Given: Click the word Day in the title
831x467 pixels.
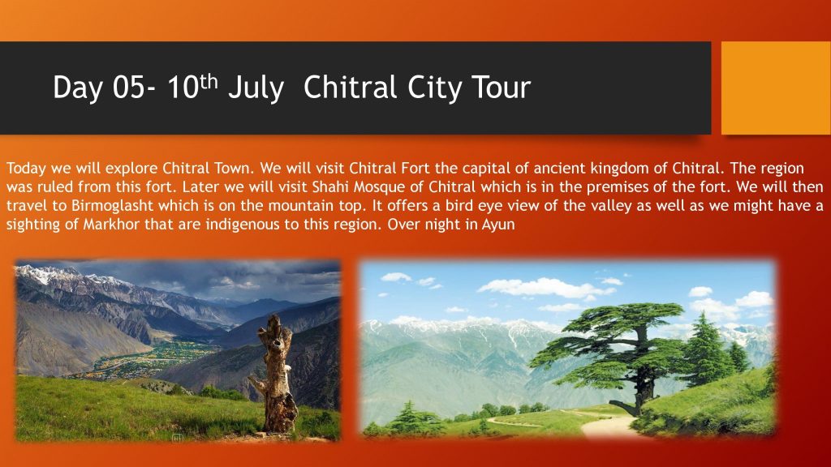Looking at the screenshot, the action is [x=78, y=88].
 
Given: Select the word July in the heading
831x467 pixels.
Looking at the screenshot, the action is [x=256, y=88].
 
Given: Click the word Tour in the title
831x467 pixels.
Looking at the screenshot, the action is [x=500, y=88].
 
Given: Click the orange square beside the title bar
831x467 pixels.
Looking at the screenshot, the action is [x=776, y=88].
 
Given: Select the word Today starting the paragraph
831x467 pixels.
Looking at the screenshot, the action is [x=26, y=169].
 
